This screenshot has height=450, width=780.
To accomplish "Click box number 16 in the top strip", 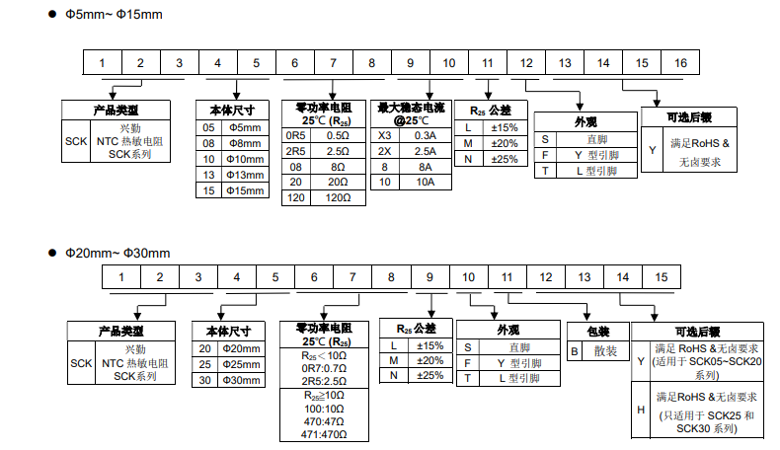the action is (x=680, y=62).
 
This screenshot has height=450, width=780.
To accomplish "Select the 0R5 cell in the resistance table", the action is (x=295, y=135).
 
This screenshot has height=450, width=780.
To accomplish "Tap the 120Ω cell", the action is (x=338, y=197).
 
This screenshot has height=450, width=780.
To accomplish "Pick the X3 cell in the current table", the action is (x=384, y=135).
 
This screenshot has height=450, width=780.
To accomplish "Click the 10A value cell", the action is (x=426, y=182).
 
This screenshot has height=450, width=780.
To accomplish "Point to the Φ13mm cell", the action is (x=245, y=175).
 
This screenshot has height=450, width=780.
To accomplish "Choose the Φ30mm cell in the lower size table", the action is (x=241, y=380).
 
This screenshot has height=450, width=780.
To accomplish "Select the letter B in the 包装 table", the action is (x=574, y=351).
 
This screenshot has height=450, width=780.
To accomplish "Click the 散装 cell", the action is (x=605, y=351).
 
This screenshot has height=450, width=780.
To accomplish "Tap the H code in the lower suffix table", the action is (x=641, y=410).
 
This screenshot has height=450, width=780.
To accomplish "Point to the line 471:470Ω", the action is (x=324, y=434).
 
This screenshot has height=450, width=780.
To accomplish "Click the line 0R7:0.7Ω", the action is (x=324, y=368).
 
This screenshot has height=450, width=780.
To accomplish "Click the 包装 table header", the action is (x=598, y=332).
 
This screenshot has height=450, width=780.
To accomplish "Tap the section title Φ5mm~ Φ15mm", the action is (x=114, y=15).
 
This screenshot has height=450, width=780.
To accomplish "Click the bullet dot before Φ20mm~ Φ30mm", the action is (x=52, y=253).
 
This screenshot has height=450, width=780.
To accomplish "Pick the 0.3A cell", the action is (x=426, y=135).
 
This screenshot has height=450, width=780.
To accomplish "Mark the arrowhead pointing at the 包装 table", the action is (x=587, y=317).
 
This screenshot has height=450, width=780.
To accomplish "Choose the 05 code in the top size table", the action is (x=208, y=127).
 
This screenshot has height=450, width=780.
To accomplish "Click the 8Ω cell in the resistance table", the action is (x=338, y=167).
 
